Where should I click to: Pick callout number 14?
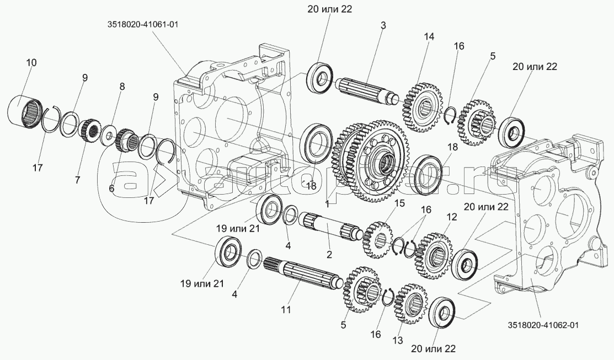pos(429,36)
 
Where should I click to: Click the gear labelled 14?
pos(424,106)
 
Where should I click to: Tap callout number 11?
pos(285,310)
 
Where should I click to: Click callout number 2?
pos(329,255)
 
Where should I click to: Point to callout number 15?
pos(399,203)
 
